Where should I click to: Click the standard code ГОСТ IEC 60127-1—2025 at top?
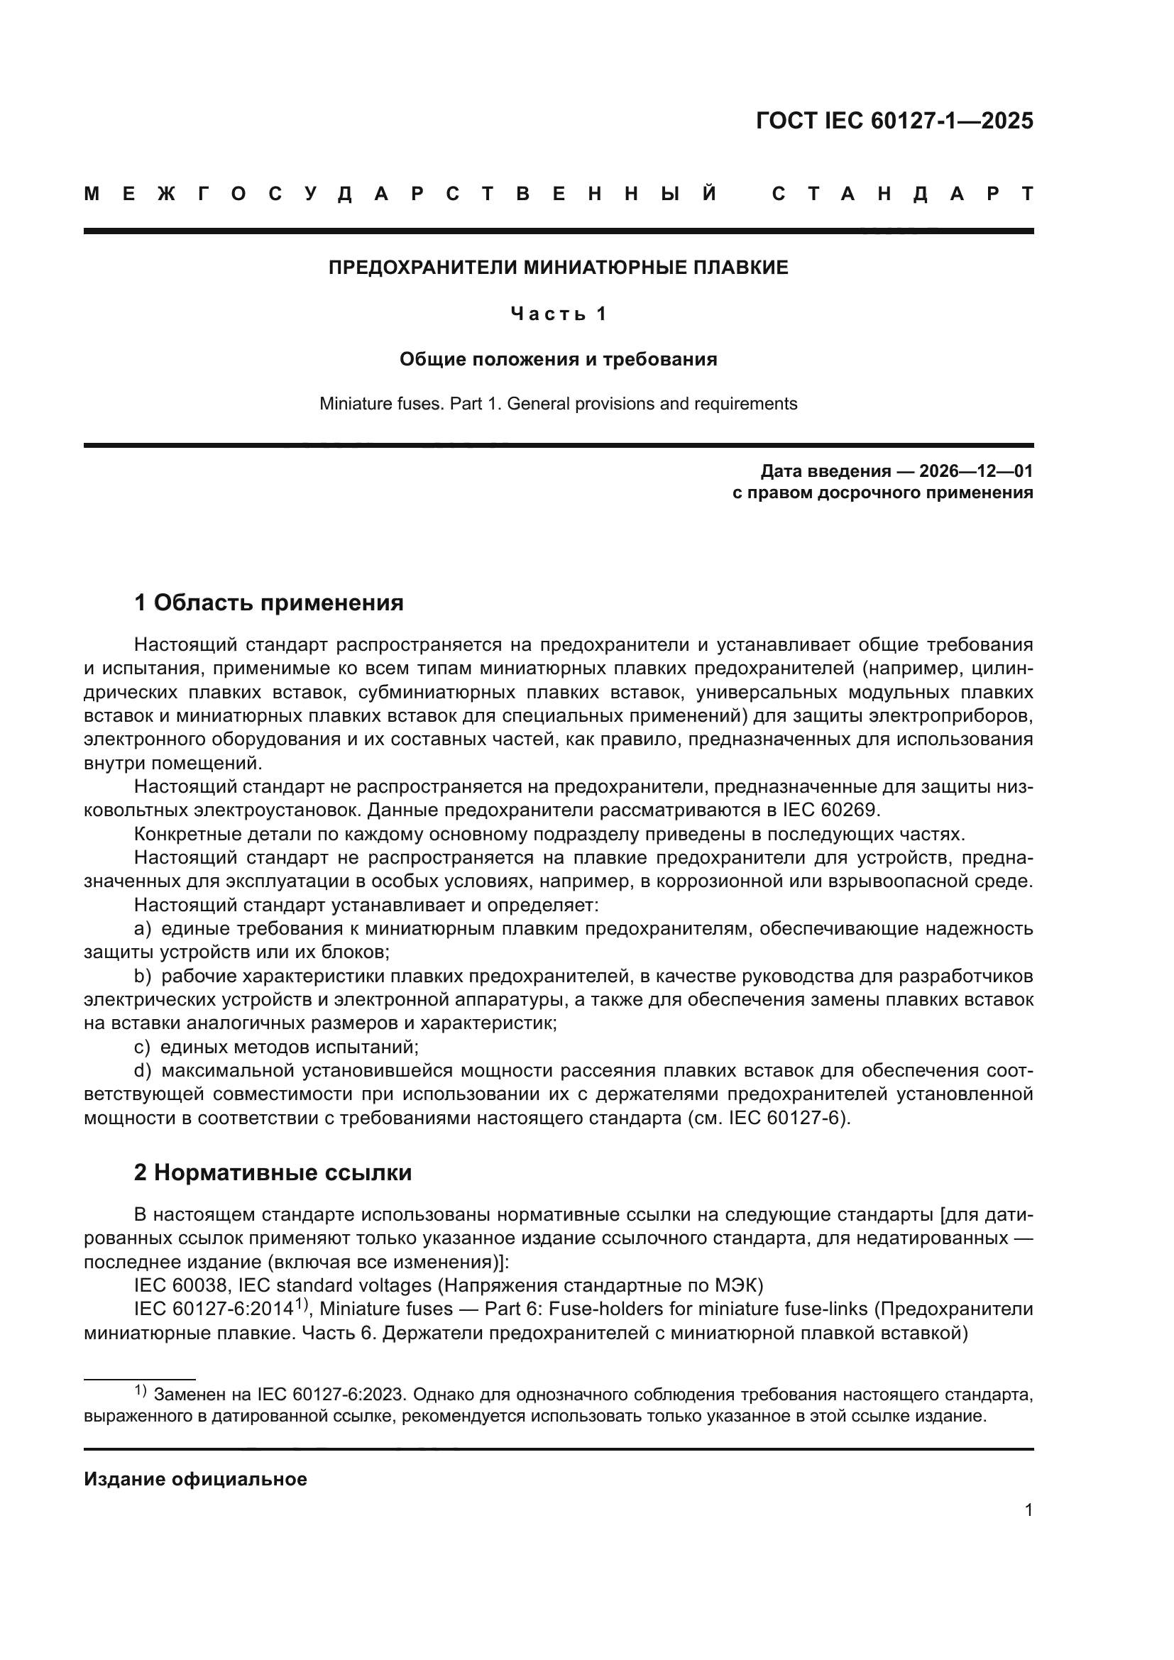[894, 121]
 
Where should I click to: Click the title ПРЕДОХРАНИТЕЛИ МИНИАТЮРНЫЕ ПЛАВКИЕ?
[558, 268]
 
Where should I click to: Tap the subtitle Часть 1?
[558, 314]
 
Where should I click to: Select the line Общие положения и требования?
[558, 359]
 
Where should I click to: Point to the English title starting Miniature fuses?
[558, 403]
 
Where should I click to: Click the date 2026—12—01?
[976, 471]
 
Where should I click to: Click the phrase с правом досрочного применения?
[882, 493]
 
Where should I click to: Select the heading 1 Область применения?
[268, 603]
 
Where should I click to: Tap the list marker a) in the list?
[143, 929]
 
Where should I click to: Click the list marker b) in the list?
[143, 977]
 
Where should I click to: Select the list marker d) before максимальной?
[143, 1071]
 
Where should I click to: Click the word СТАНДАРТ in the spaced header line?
[902, 194]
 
